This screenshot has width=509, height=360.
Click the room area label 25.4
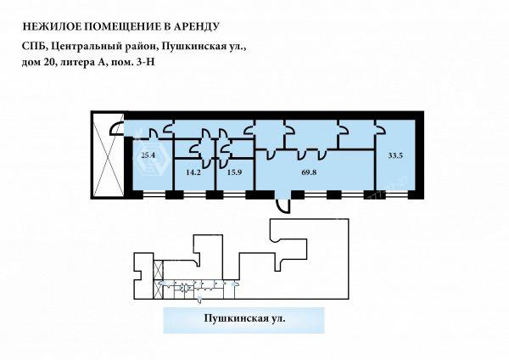coord(148,155)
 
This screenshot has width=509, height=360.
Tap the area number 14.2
coord(193,172)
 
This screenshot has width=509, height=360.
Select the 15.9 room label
coord(234,172)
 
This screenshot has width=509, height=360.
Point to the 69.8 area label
coord(309,172)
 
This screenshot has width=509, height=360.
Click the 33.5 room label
coord(395,155)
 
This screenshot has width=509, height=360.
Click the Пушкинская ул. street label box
coord(243,320)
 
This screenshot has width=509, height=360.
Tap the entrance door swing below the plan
coord(283,206)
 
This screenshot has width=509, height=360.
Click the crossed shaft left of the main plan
coord(109,155)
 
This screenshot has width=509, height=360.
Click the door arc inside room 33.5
coord(381,130)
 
